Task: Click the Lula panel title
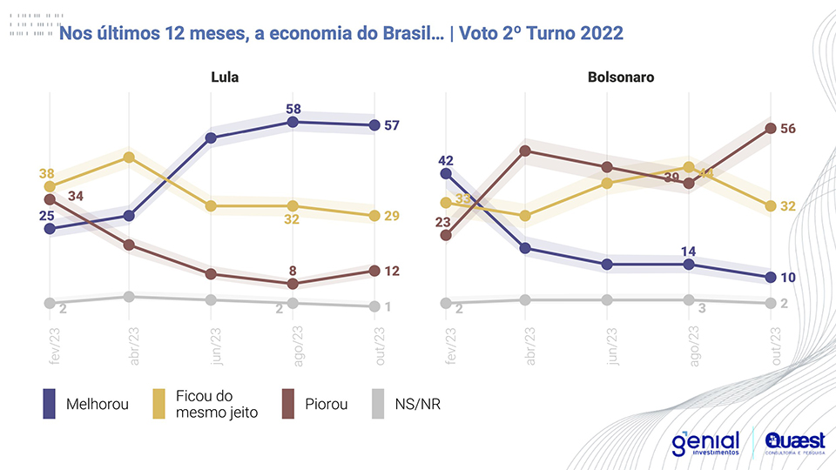225,77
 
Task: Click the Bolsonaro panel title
621,77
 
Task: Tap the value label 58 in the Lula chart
293,109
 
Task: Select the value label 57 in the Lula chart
391,125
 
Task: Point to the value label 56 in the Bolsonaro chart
788,129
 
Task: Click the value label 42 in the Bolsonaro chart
446,160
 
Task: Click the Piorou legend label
327,405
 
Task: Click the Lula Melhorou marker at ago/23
293,123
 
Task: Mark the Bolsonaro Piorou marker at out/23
770,129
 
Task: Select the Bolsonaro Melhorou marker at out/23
770,278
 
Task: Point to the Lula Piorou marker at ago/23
293,284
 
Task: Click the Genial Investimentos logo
705,443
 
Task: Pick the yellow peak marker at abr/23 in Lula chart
129,158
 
